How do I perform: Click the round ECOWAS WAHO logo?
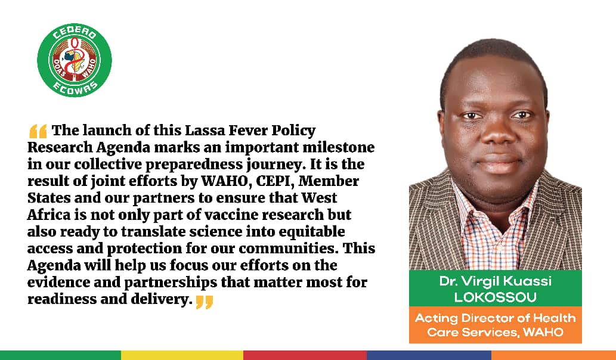click(75, 59)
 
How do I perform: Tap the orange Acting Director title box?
click(495, 325)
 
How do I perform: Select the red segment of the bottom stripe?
click(305, 355)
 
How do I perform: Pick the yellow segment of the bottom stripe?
click(182, 355)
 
